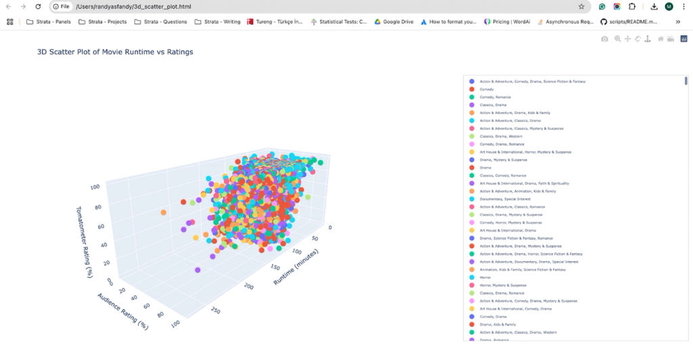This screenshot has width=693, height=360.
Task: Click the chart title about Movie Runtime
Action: (x=115, y=52)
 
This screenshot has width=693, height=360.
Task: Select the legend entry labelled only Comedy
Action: (x=487, y=89)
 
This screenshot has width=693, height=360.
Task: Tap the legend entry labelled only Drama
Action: (x=485, y=167)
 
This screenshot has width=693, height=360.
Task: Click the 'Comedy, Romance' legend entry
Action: (x=495, y=97)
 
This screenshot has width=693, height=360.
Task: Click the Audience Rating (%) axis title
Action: (x=122, y=311)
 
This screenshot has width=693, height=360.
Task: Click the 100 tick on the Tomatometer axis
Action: (x=95, y=187)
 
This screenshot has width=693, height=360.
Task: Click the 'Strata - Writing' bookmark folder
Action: (x=217, y=22)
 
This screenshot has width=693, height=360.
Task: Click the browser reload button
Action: (x=38, y=6)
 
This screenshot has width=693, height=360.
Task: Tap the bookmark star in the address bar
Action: (x=581, y=6)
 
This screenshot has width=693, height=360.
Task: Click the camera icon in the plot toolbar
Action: (x=604, y=39)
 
